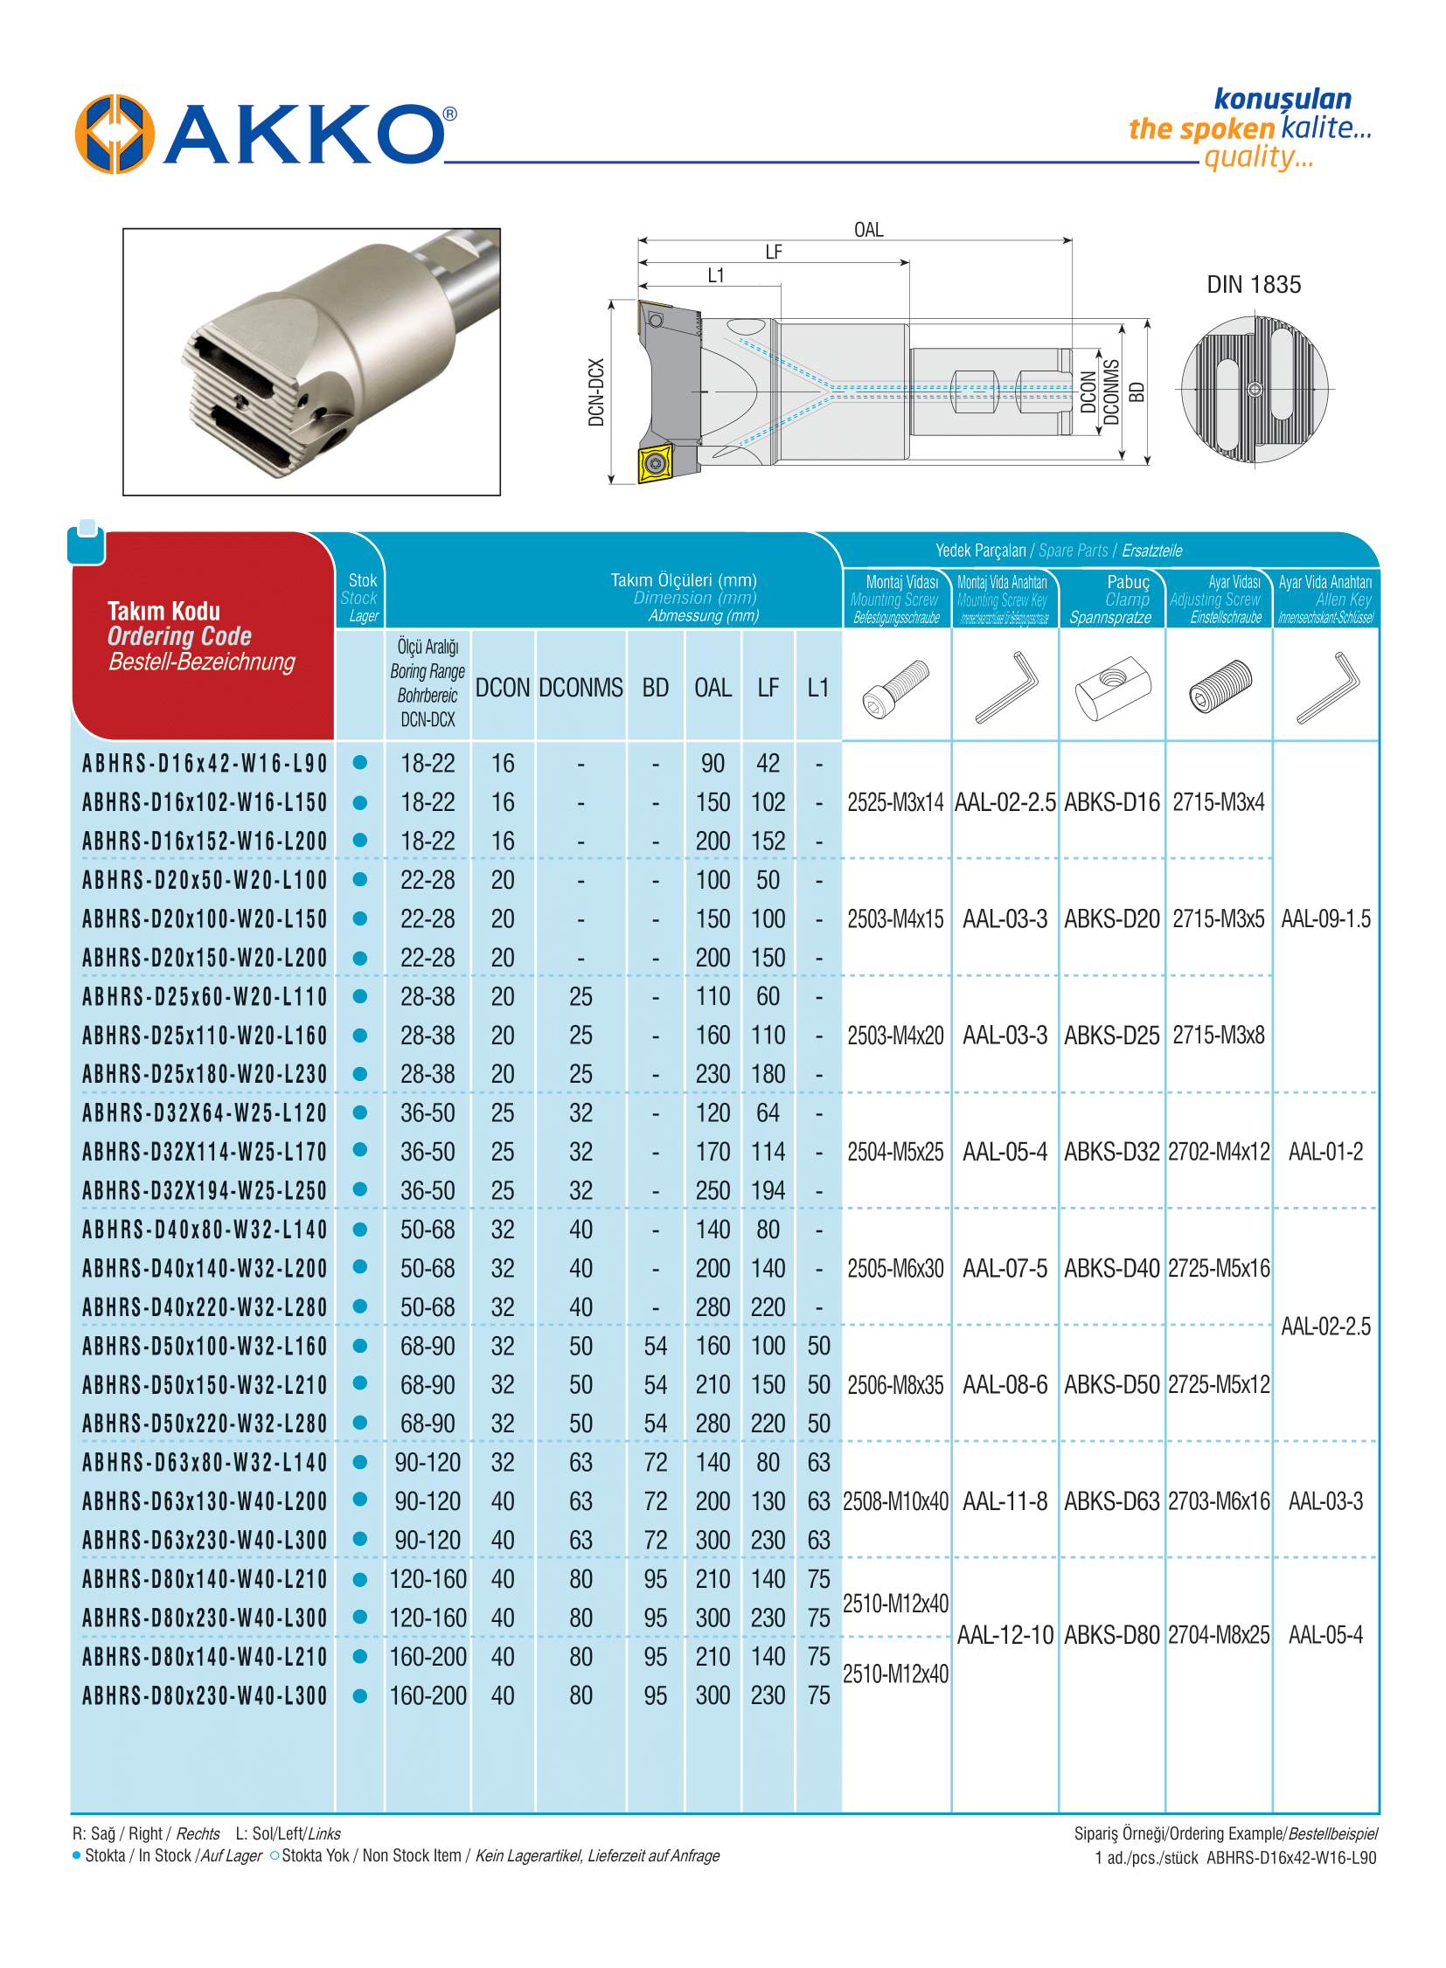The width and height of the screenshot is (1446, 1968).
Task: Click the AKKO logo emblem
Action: (115, 134)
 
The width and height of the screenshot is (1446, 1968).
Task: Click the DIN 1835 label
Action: (1253, 284)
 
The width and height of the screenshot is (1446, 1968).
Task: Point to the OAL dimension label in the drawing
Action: (867, 229)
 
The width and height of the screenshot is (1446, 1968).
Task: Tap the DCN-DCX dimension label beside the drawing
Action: (596, 392)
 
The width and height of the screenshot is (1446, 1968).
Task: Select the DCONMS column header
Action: (580, 688)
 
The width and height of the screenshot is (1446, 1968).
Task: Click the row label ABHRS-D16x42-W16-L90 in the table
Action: (205, 764)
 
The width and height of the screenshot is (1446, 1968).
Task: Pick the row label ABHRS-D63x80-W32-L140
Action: (205, 1462)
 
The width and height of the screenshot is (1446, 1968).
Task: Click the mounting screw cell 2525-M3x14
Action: (894, 802)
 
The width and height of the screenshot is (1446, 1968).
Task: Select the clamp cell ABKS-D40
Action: (1111, 1268)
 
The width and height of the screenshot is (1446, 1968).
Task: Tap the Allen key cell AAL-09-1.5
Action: (1325, 918)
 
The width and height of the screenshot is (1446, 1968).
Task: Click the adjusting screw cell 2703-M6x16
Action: (1219, 1501)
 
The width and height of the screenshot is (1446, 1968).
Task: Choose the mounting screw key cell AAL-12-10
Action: (1004, 1634)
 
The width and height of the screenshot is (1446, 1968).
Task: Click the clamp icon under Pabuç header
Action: (1111, 688)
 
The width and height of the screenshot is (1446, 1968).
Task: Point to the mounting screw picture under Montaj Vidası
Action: (894, 688)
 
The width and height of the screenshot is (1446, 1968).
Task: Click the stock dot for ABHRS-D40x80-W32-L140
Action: (359, 1230)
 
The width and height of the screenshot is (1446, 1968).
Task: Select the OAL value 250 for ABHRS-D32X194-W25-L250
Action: (713, 1191)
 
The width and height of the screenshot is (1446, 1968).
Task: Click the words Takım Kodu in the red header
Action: (163, 611)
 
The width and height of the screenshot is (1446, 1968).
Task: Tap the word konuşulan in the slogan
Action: (1282, 99)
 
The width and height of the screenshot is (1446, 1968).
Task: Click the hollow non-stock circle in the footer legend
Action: (275, 1855)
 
